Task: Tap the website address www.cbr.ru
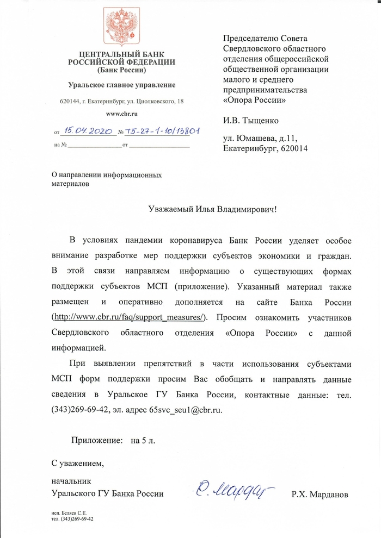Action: click(121, 114)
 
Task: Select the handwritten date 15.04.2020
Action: click(88, 131)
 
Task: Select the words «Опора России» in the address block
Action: click(254, 101)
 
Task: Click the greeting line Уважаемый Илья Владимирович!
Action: click(213, 209)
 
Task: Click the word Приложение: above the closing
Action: click(97, 441)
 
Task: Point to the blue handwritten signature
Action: click(233, 490)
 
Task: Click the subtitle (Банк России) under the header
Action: click(121, 70)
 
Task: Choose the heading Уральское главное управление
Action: click(121, 85)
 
